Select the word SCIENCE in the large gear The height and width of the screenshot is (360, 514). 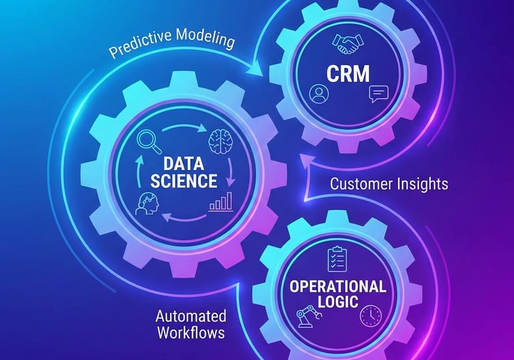click(183, 181)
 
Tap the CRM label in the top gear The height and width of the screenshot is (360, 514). click(347, 72)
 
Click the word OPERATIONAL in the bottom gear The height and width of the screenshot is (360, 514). click(337, 286)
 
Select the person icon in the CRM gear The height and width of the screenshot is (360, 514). click(317, 94)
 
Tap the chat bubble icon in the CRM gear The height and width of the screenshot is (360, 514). click(377, 94)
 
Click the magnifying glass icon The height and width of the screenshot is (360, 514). click(145, 141)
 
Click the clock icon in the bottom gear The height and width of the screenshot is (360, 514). click(369, 315)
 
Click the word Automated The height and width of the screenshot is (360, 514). click(191, 315)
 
